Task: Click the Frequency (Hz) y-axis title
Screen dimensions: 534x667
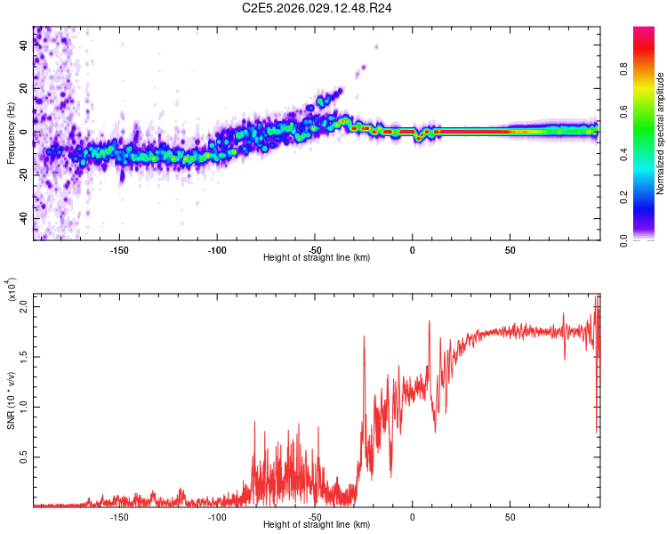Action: click(11, 133)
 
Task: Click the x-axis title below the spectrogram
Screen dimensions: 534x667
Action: click(317, 258)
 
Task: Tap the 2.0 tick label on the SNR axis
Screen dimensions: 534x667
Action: click(24, 306)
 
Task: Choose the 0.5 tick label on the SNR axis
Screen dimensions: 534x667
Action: click(24, 457)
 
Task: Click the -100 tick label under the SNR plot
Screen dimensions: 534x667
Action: click(217, 517)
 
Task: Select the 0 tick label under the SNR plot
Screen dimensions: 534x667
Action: click(413, 517)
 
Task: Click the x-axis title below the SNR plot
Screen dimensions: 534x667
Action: click(317, 525)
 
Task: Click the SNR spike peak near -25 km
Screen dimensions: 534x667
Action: click(364, 336)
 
